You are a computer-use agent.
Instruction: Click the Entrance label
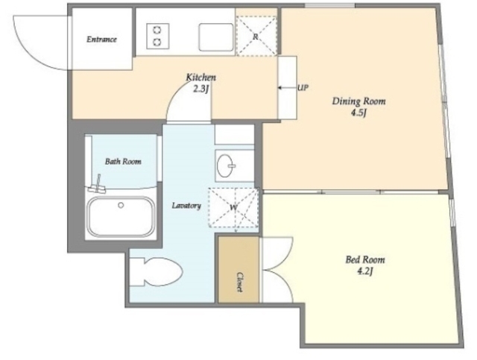101,40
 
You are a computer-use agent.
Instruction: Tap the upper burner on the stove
157,30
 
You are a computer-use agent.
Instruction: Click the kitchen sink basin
216,37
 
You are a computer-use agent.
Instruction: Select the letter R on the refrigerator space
256,37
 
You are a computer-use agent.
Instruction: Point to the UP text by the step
303,88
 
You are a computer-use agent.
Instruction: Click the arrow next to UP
284,88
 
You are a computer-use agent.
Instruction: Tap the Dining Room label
358,101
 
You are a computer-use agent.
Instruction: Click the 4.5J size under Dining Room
358,113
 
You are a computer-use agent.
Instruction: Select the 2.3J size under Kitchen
200,89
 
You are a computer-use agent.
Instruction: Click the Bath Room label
123,161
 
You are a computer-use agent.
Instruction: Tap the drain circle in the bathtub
121,206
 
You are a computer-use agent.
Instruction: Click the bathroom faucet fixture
98,186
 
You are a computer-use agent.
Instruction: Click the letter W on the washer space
233,208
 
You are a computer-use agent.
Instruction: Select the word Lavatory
186,206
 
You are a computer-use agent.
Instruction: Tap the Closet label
239,282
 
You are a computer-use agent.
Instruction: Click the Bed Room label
365,259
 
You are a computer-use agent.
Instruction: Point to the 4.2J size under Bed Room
364,271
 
